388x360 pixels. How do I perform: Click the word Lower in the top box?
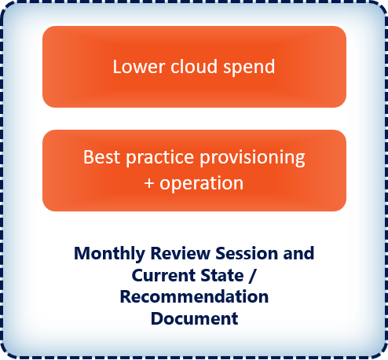pyautogui.click(x=139, y=67)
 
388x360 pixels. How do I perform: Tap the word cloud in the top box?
pyautogui.click(x=194, y=66)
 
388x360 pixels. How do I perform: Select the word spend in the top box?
pyautogui.click(x=249, y=68)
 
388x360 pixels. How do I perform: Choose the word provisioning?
pyautogui.click(x=253, y=158)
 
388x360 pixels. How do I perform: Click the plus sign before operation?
pyautogui.click(x=149, y=183)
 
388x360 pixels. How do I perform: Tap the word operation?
pyautogui.click(x=202, y=184)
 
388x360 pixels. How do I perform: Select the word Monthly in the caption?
pyautogui.click(x=109, y=254)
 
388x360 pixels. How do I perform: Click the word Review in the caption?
pyautogui.click(x=181, y=253)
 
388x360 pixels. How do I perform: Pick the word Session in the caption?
pyautogui.click(x=247, y=253)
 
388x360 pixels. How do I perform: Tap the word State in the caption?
pyautogui.click(x=222, y=275)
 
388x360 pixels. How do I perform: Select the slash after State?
pyautogui.click(x=252, y=276)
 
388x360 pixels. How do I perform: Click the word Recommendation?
pyautogui.click(x=194, y=297)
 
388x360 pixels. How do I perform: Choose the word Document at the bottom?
pyautogui.click(x=195, y=319)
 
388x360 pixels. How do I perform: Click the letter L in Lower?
pyautogui.click(x=116, y=67)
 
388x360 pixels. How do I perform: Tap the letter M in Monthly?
pyautogui.click(x=82, y=254)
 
